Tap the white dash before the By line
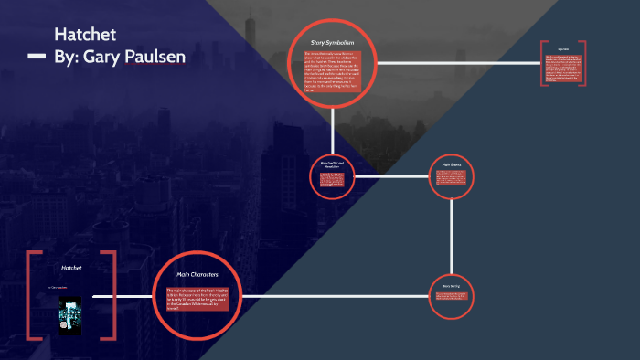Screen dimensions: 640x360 pyautogui.click(x=37, y=57)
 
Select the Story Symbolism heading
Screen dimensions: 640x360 pyautogui.click(x=333, y=42)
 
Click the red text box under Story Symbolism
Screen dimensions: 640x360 pyautogui.click(x=333, y=71)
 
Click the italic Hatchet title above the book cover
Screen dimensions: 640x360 pyautogui.click(x=70, y=269)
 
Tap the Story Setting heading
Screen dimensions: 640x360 pyautogui.click(x=452, y=286)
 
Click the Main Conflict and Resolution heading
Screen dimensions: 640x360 pyautogui.click(x=333, y=164)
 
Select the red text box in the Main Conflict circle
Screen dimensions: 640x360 pyautogui.click(x=333, y=179)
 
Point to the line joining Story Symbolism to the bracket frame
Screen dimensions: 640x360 pyautogui.click(x=457, y=63)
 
